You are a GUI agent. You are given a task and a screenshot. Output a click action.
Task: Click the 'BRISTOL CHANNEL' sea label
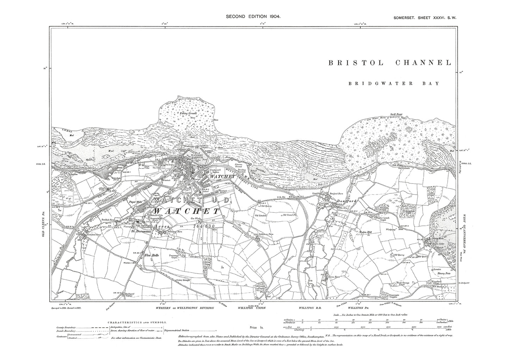click(390, 63)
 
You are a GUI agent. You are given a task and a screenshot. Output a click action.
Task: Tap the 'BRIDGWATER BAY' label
click(394, 83)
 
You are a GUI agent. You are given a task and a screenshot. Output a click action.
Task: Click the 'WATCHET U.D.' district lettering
click(192, 200)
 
